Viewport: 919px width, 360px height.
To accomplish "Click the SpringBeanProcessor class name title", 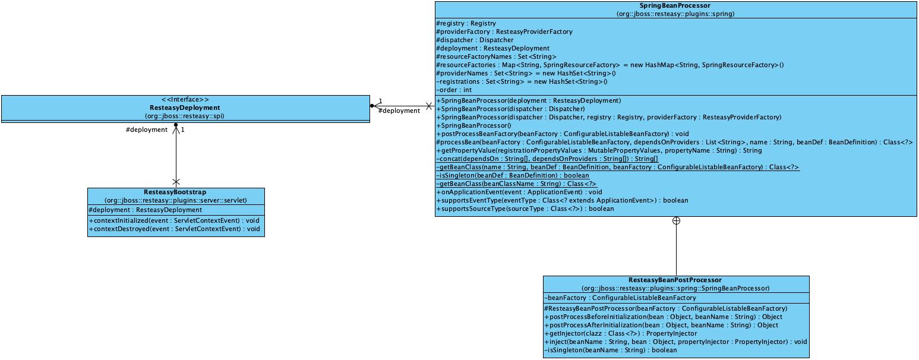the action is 675,6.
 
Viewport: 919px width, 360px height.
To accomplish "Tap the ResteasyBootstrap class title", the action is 176,192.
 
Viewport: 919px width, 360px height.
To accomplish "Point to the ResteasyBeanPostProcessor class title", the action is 675,280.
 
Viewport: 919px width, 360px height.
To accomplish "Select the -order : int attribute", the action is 454,90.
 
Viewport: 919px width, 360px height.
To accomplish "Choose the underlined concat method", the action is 547,159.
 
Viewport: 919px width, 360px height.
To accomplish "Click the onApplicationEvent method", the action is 519,192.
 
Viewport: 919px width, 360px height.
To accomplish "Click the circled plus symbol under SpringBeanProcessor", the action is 676,221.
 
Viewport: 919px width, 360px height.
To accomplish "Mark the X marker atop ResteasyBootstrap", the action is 176,181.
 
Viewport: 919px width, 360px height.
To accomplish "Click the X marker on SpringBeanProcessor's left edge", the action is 429,106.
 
